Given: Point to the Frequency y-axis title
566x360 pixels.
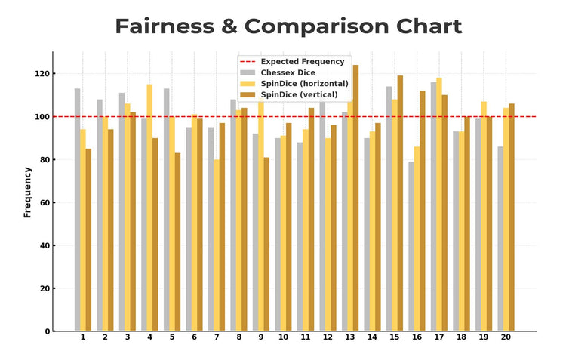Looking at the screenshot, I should [28, 192].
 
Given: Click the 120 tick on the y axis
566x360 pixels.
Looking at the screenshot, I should [41, 74].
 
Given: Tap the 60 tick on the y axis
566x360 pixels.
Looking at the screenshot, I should [43, 203].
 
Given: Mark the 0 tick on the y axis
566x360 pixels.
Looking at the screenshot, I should [46, 331].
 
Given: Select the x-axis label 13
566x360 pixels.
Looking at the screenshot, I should [349, 337].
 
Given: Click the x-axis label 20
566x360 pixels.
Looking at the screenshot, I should [506, 337].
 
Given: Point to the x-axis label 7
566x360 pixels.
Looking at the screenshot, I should [216, 337].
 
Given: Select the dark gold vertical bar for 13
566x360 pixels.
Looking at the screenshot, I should [355, 198].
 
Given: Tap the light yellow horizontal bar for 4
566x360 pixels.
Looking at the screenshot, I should [149, 208].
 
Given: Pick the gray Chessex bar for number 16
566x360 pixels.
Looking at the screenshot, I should [411, 246].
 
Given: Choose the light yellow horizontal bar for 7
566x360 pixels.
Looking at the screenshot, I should [216, 245].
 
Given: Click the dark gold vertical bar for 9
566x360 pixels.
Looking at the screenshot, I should [266, 244].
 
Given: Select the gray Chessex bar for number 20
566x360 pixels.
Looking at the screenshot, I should [500, 238].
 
